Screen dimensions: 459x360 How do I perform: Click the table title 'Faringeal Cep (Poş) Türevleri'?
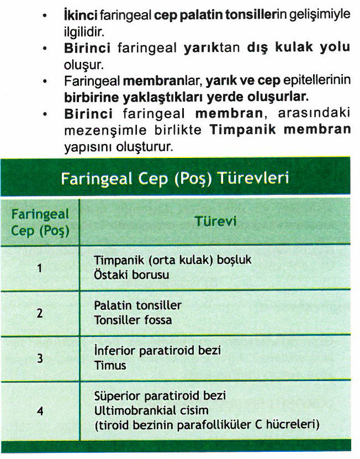click(176, 180)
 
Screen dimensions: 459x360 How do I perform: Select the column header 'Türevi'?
click(215, 221)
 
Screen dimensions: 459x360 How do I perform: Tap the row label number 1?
click(39, 268)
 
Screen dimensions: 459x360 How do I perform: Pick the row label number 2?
click(39, 313)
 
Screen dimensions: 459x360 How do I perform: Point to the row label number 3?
click(39, 358)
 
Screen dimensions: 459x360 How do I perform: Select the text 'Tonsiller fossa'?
click(133, 320)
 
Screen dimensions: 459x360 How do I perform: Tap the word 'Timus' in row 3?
click(110, 365)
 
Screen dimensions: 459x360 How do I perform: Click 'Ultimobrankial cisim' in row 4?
click(143, 410)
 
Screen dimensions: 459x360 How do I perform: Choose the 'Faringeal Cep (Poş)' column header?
click(40, 221)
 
